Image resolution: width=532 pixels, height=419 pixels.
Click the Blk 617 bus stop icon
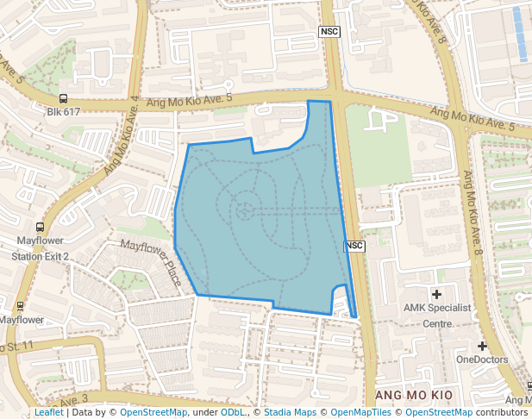tap(63, 99)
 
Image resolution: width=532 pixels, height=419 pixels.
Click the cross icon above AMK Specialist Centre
tap(436, 295)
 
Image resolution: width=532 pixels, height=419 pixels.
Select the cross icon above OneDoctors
tap(482, 346)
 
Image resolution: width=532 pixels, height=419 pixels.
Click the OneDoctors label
tap(482, 360)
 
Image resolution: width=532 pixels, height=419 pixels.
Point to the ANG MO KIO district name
tap(415, 394)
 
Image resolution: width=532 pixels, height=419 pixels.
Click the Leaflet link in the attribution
tap(49, 413)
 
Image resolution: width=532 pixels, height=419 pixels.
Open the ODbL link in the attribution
tap(233, 413)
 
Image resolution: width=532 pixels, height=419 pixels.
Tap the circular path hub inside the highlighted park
tap(244, 208)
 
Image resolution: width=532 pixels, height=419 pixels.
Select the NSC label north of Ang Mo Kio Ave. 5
tap(329, 32)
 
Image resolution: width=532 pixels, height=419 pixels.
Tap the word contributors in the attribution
tap(500, 413)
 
